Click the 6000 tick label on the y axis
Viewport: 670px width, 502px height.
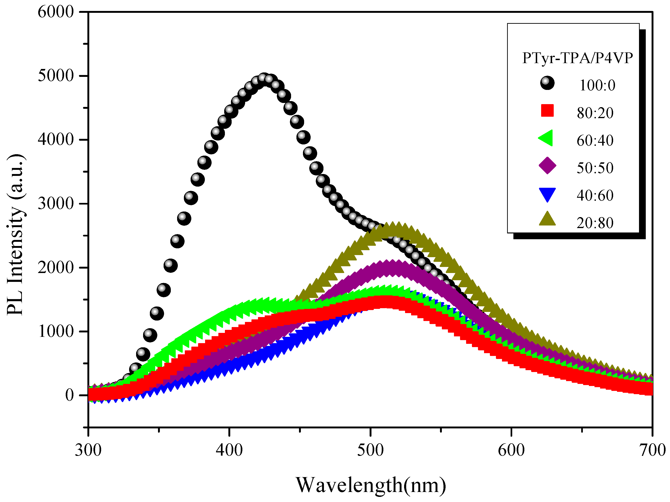point(56,12)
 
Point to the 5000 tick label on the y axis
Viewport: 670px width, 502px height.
point(56,76)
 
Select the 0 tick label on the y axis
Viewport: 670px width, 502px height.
point(69,395)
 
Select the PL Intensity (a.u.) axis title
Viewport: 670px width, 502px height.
point(16,235)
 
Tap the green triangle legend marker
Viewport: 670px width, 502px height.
point(546,138)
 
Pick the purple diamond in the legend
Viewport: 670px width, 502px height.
point(547,166)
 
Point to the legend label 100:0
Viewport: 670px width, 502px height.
point(597,85)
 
